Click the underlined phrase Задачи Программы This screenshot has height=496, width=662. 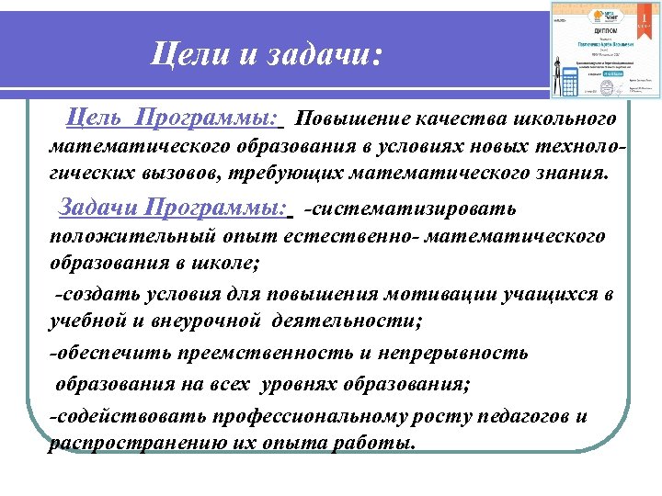tap(173, 208)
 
